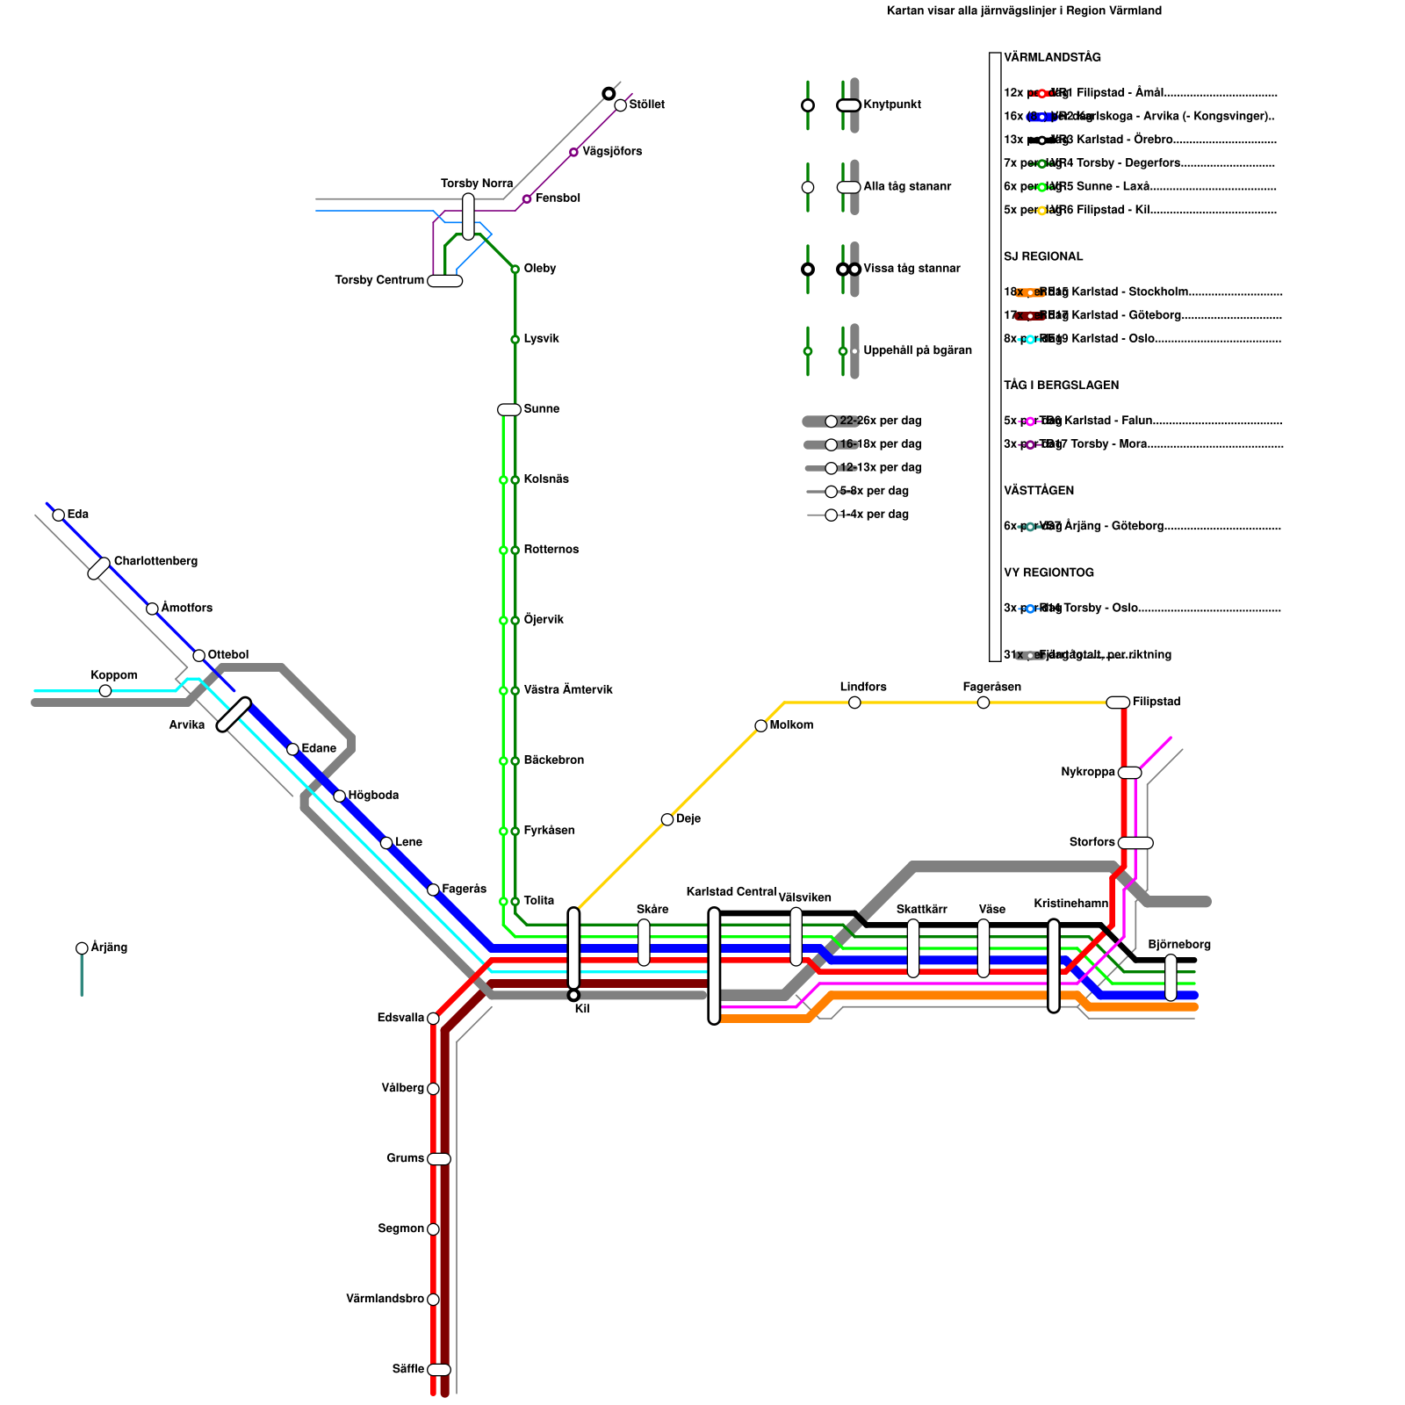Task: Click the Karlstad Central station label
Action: [x=731, y=891]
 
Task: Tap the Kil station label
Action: [x=581, y=1009]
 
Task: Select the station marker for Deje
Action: [x=667, y=819]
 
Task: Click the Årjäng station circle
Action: [x=82, y=948]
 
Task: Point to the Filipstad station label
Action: [x=1156, y=702]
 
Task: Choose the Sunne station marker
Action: [x=509, y=409]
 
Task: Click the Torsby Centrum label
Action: [x=379, y=280]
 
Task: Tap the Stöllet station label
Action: [x=646, y=104]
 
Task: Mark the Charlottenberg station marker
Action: [x=99, y=568]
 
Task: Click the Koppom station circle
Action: [x=105, y=691]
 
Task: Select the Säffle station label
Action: [x=408, y=1369]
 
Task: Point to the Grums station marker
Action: [x=439, y=1159]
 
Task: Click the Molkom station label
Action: [x=791, y=724]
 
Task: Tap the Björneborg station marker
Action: [x=1171, y=977]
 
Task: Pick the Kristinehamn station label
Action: [x=1070, y=904]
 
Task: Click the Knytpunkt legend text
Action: [x=892, y=104]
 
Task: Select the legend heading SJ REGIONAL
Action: [x=1043, y=256]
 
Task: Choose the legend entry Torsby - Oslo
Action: [x=1100, y=608]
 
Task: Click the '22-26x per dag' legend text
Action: [x=881, y=421]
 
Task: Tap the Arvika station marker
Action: [x=234, y=714]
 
